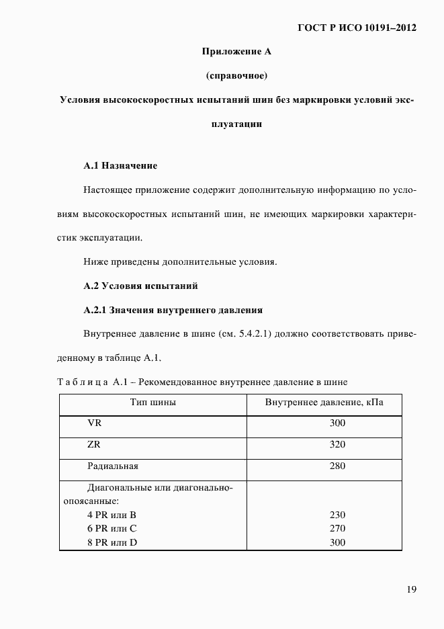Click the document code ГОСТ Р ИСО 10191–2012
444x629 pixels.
point(357,28)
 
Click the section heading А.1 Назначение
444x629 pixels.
point(120,165)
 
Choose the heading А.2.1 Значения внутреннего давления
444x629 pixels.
point(173,310)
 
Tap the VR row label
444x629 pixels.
point(95,423)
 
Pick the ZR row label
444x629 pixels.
point(95,444)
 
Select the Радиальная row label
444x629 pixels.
point(113,466)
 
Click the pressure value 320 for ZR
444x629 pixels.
point(337,445)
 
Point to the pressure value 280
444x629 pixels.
point(337,466)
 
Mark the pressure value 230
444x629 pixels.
point(337,515)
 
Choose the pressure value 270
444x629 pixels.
point(337,528)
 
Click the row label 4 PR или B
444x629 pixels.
point(112,515)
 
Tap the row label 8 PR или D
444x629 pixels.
point(112,542)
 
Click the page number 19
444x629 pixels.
point(411,589)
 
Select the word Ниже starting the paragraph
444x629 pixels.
point(96,261)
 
